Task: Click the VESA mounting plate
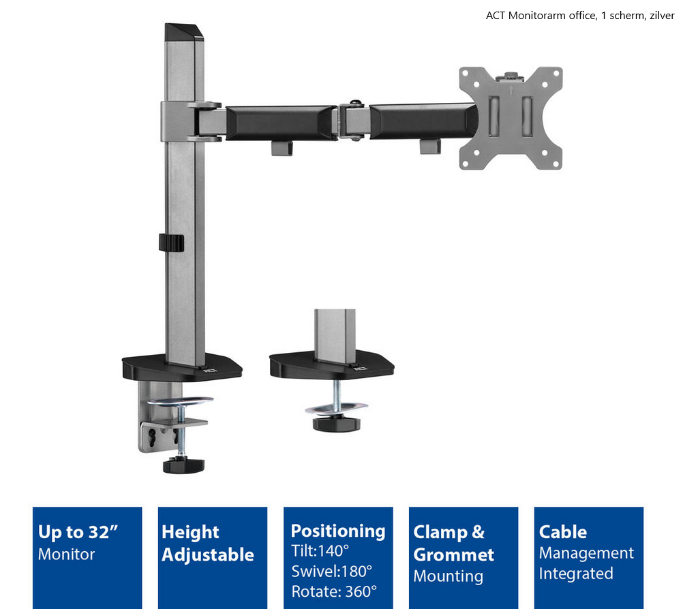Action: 511,118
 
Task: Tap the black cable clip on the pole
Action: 171,243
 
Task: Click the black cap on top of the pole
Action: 183,32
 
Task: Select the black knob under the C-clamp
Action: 183,465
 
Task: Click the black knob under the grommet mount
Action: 336,423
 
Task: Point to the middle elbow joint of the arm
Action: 354,121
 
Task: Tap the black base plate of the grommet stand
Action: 331,365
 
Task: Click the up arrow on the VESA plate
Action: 511,91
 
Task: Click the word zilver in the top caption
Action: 662,16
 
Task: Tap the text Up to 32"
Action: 78,532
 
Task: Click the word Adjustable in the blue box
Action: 208,555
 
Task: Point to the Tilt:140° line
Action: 320,551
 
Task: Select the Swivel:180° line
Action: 331,571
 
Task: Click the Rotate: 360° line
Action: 334,591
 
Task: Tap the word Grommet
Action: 453,555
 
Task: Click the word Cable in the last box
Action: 563,532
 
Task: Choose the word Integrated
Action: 576,574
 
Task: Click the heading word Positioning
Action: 338,531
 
